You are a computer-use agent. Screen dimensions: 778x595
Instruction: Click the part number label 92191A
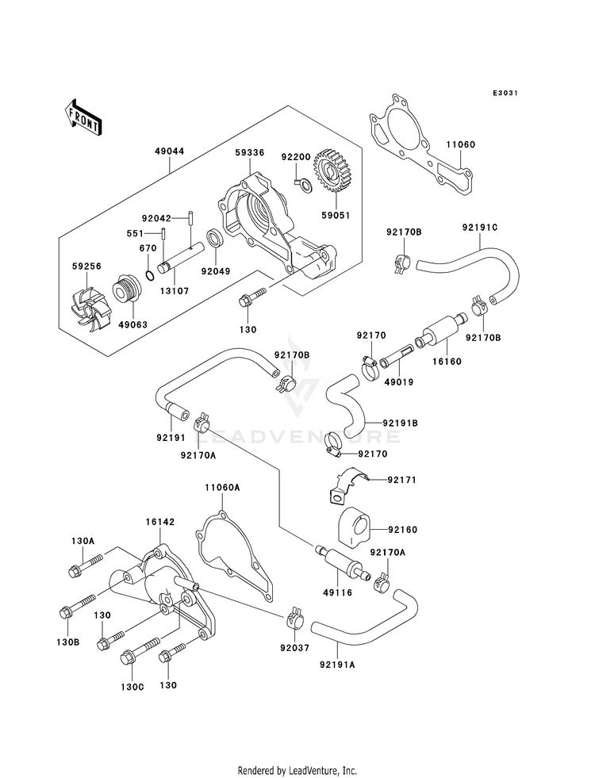pos(338,665)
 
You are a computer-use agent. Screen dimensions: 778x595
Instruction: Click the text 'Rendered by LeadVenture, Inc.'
pos(297,770)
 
